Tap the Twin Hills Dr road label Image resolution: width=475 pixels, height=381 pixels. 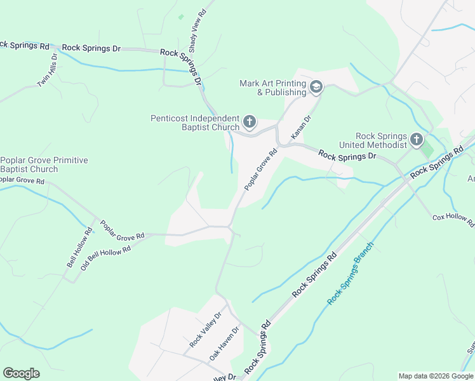(x=47, y=70)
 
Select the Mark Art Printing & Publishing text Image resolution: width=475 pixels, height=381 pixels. (x=272, y=88)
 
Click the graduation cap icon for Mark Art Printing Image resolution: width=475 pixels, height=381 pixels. (x=316, y=87)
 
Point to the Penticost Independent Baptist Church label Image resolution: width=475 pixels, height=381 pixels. (x=195, y=123)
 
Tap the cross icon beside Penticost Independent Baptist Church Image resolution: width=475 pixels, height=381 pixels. (x=250, y=121)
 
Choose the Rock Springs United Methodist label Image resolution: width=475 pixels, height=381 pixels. (x=380, y=140)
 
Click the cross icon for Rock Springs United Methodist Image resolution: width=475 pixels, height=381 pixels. (x=417, y=139)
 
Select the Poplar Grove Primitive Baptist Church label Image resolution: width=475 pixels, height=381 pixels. (x=44, y=164)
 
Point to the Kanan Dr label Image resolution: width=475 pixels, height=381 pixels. (x=300, y=127)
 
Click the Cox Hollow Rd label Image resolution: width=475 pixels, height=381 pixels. (x=453, y=219)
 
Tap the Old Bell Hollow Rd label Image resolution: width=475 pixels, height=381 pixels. (x=105, y=258)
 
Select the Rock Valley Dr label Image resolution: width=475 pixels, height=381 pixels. (x=205, y=330)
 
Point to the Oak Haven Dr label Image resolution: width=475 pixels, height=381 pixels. (x=225, y=344)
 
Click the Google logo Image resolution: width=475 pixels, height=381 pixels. (x=21, y=373)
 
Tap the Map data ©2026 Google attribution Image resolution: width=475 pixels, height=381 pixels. (x=435, y=376)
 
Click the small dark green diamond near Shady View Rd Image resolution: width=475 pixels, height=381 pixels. (x=181, y=17)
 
